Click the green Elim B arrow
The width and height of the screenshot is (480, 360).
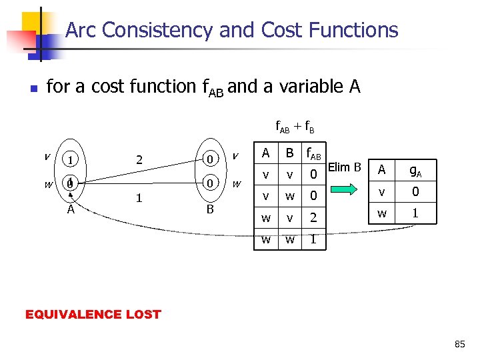(x=345, y=190)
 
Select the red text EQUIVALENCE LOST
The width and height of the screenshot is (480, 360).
(x=93, y=314)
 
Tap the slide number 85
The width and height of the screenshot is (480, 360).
(x=459, y=344)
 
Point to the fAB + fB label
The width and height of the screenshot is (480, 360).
(x=295, y=125)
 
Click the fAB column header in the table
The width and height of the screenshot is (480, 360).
(x=313, y=154)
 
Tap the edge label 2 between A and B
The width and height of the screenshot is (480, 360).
(x=138, y=159)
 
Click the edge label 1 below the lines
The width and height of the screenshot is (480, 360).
(x=138, y=198)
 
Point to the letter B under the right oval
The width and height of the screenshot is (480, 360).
(x=209, y=209)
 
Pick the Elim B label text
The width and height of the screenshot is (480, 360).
(x=345, y=167)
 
